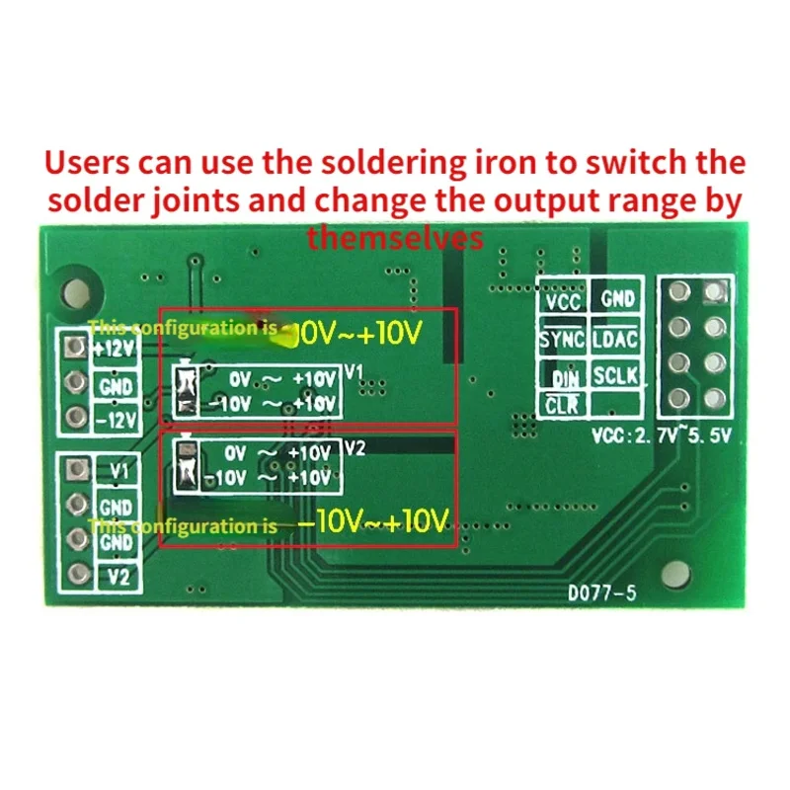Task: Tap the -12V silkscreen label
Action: (115, 420)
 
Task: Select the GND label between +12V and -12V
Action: (115, 385)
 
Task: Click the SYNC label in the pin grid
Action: (562, 339)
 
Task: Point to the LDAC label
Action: (615, 339)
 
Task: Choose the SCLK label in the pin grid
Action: (615, 374)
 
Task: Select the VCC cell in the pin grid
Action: (562, 301)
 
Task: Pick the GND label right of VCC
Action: (616, 298)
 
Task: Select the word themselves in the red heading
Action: (395, 238)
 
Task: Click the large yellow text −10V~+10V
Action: (373, 521)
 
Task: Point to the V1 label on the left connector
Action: (118, 471)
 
